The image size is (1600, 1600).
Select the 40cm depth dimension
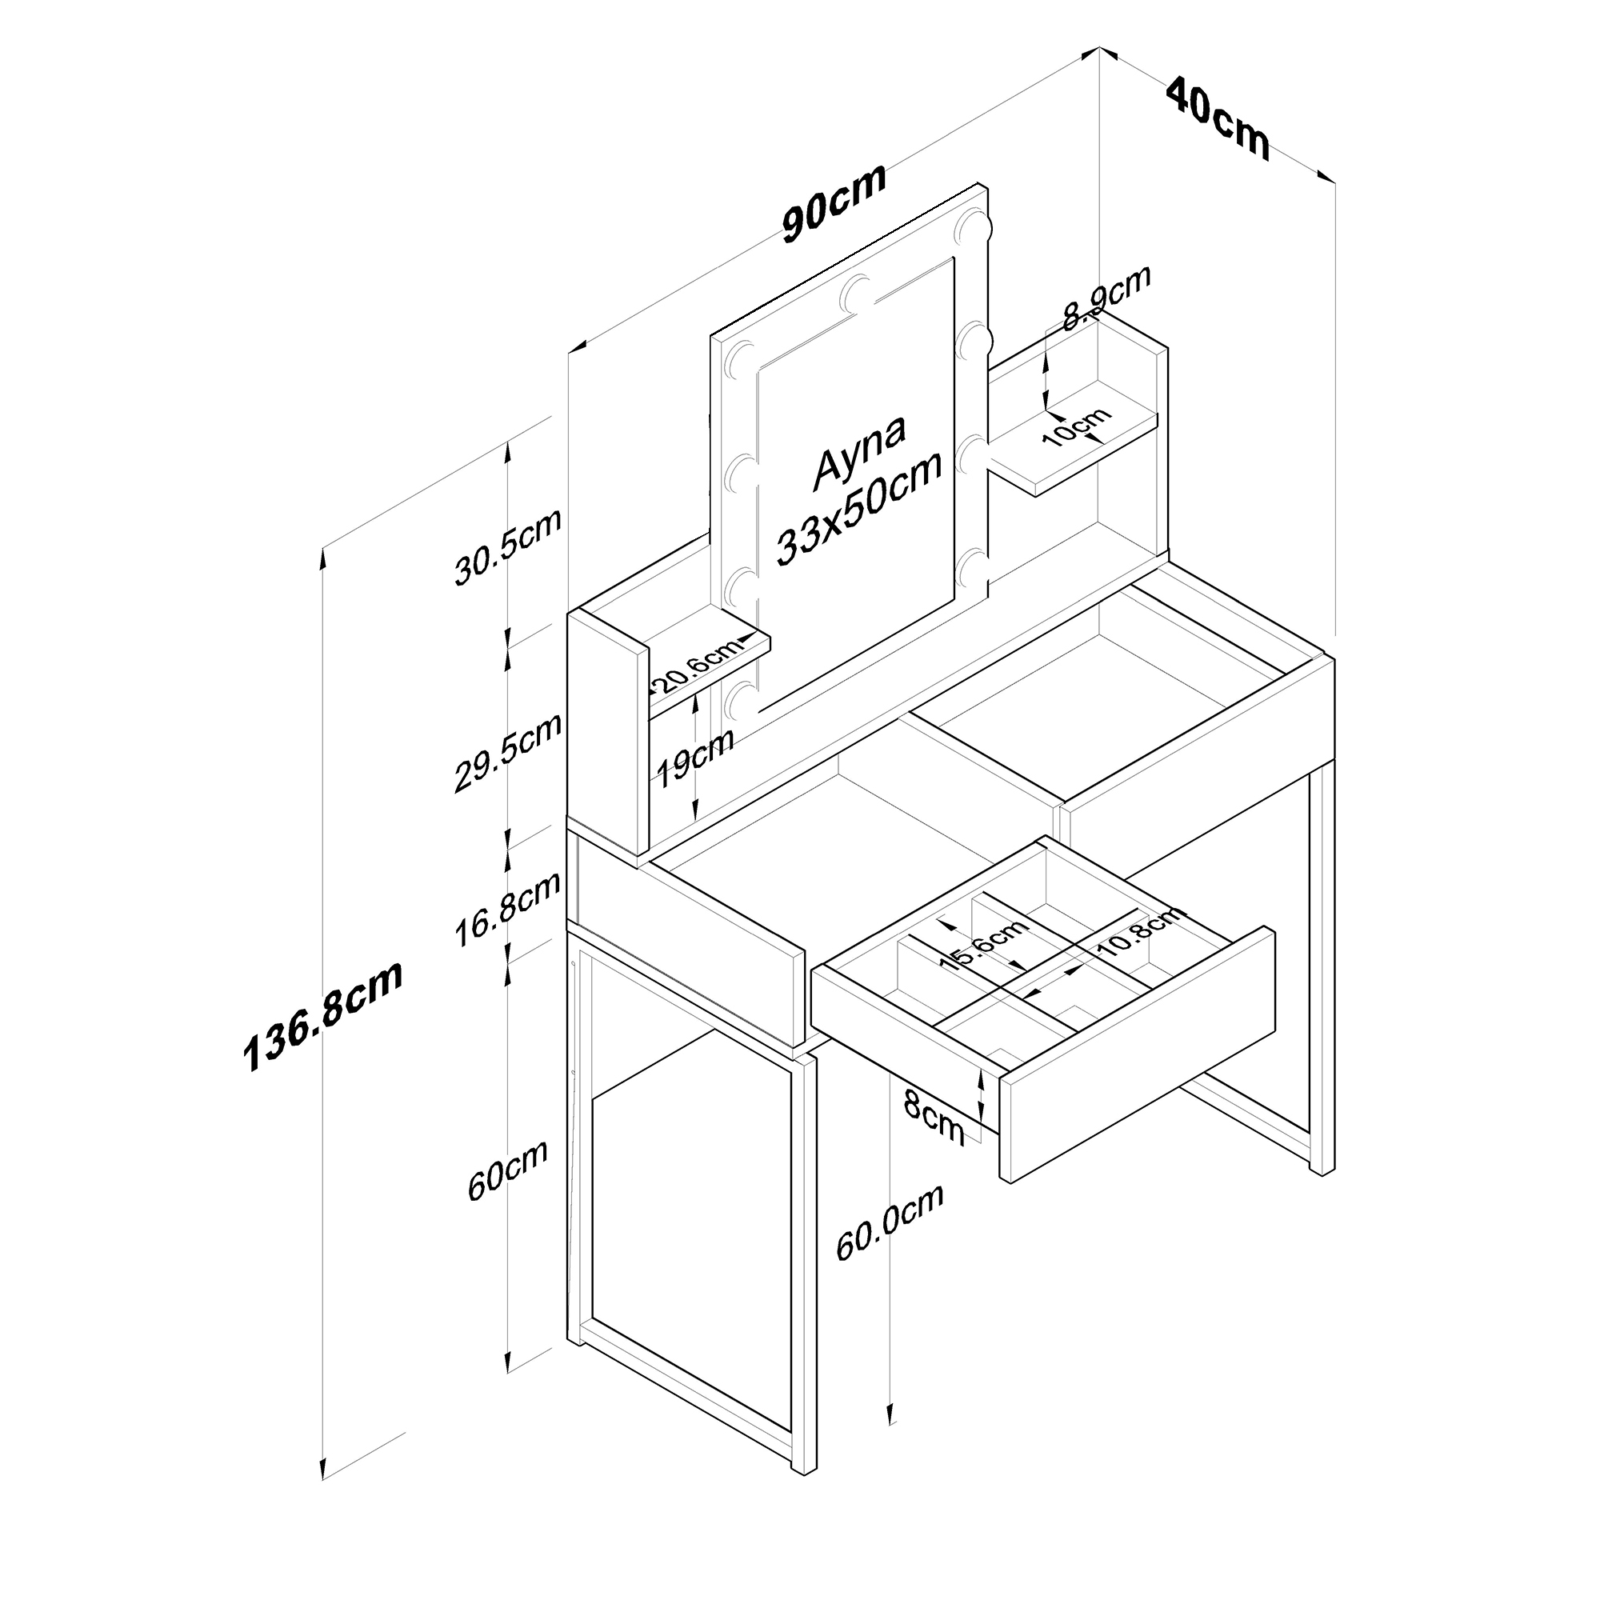(1217, 118)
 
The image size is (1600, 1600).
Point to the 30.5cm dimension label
(508, 546)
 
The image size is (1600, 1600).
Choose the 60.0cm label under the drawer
(889, 1234)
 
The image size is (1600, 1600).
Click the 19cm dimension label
(694, 758)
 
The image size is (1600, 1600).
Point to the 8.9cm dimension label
(1106, 298)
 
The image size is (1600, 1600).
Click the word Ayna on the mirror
(858, 450)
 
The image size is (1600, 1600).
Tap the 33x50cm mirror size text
(858, 509)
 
